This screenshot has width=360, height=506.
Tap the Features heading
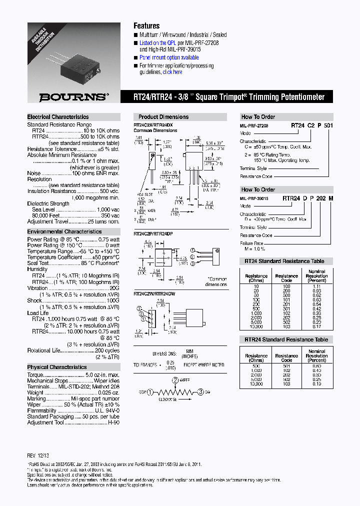(146, 26)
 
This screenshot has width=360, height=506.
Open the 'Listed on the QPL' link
(160, 43)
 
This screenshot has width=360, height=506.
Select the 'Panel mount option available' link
(169, 57)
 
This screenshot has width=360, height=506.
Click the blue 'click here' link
(172, 72)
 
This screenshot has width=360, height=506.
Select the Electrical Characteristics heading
(58, 117)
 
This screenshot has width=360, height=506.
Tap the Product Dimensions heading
(161, 117)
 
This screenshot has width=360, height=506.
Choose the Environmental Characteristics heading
(64, 232)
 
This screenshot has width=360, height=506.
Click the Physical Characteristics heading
(57, 367)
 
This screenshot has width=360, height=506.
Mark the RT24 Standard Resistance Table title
(284, 261)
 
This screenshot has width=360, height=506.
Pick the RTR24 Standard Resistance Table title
(286, 339)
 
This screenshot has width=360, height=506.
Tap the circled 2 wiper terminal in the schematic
(175, 379)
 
